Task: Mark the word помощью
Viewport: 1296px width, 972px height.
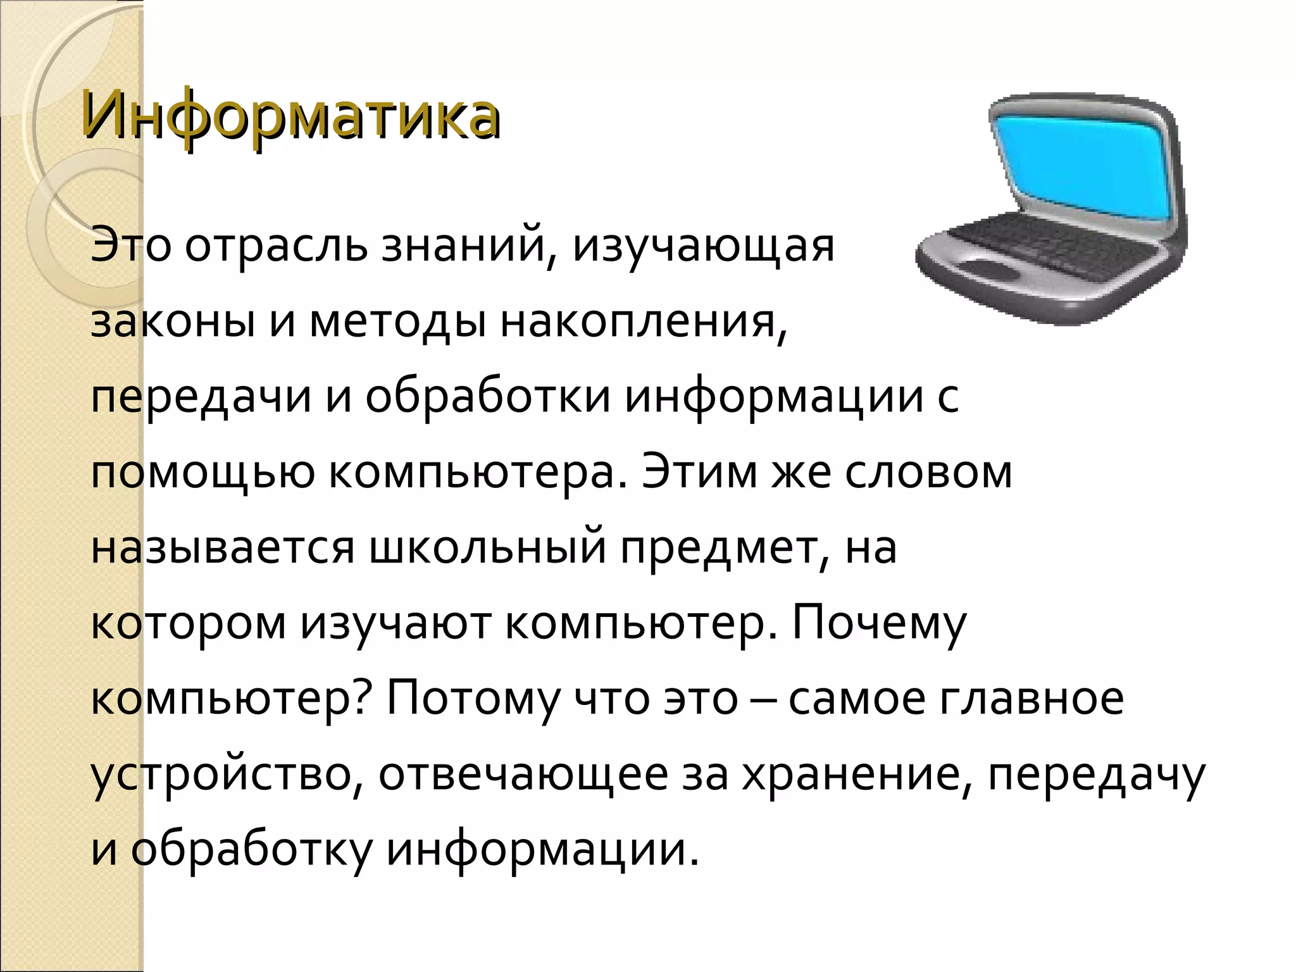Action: [202, 473]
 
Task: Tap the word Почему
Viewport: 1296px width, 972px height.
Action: [879, 624]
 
